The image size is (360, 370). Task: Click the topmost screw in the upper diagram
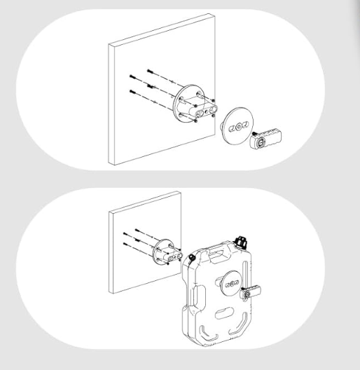pyautogui.click(x=150, y=71)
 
